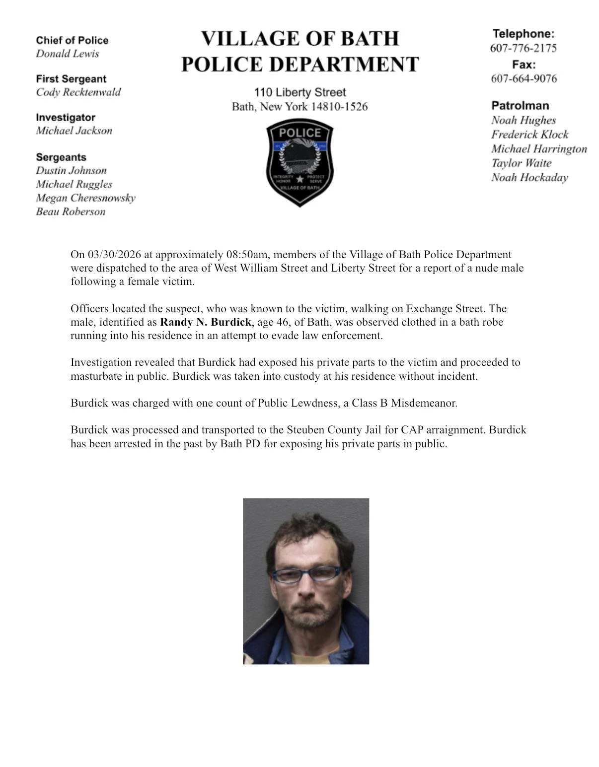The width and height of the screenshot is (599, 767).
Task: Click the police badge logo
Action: pos(299,162)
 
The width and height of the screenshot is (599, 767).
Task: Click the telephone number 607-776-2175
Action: pos(523,48)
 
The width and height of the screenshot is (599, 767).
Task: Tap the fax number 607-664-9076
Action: pos(524,78)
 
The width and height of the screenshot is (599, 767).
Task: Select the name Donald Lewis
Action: pos(67,54)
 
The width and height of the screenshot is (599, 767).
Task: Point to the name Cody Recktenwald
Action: pos(78,92)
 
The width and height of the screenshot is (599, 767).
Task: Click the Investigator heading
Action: pos(65,118)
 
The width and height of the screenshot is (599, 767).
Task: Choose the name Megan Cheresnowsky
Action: pos(85,198)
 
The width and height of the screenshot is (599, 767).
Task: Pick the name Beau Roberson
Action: pos(71,212)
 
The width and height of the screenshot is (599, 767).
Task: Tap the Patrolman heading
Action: pos(520,106)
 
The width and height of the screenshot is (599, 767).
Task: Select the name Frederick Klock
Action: pos(529,135)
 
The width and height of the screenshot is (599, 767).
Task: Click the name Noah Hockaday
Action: pos(529,178)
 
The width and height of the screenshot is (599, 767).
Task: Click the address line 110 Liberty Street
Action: pos(299,92)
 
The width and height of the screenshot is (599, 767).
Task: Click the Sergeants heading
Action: pos(61,157)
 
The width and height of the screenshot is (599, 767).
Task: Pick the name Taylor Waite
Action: pos(521,163)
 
